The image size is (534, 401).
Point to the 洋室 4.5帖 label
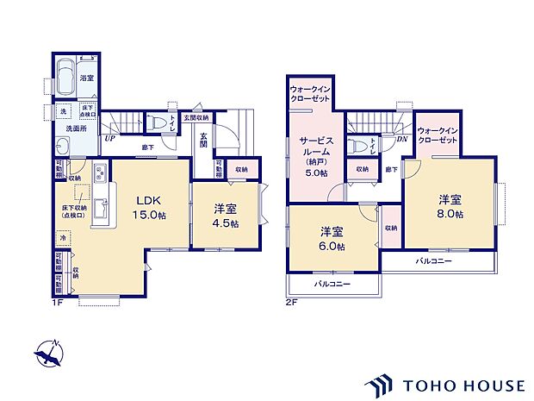click(x=226, y=215)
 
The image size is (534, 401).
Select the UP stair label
click(x=110, y=138)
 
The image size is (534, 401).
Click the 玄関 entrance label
click(x=203, y=140)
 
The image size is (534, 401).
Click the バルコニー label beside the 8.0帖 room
click(x=435, y=260)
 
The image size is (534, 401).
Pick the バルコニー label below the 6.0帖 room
click(x=332, y=284)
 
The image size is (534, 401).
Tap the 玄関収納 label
click(x=195, y=117)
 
